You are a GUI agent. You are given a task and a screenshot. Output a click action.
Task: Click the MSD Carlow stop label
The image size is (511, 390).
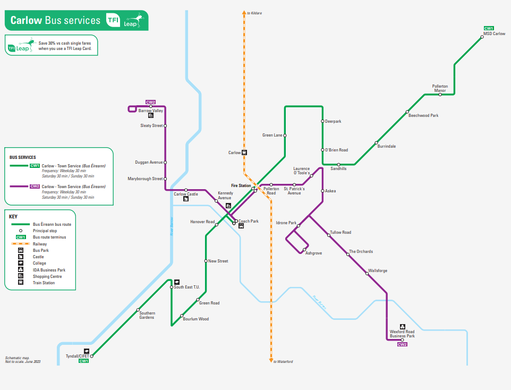[x=494, y=33]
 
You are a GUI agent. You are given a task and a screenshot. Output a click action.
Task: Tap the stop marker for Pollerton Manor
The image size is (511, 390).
[x=440, y=95]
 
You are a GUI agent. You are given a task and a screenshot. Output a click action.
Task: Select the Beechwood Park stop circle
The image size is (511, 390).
[x=407, y=112]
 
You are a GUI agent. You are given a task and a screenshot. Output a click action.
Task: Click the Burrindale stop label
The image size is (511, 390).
[x=386, y=146]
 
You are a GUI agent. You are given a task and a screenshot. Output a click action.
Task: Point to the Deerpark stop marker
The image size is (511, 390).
[x=322, y=121]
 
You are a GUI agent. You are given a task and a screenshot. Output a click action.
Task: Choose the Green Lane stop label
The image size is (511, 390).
[x=272, y=135]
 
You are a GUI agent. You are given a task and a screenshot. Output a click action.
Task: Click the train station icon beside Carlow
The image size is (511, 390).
[x=244, y=152]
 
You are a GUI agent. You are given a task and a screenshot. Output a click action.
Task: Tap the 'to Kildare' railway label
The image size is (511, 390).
[x=254, y=13]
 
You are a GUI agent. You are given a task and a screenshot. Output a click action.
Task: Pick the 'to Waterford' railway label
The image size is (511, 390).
[x=283, y=361]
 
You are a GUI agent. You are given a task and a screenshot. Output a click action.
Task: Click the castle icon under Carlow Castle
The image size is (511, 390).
[x=186, y=199]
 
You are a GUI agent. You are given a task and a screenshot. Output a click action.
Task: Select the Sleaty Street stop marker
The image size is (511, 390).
[x=165, y=126]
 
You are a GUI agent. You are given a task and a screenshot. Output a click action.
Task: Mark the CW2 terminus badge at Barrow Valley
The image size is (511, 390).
[x=151, y=102]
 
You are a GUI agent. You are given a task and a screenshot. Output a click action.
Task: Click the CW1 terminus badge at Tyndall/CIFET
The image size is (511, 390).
[x=83, y=361]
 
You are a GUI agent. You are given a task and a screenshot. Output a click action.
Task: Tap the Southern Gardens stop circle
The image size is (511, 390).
[x=138, y=310]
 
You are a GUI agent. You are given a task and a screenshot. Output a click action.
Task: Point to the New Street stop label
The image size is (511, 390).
[x=218, y=261]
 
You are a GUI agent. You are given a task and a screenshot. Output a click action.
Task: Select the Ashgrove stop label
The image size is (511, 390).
[x=313, y=253]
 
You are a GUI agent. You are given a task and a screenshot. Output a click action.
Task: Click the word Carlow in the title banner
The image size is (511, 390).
[x=26, y=21]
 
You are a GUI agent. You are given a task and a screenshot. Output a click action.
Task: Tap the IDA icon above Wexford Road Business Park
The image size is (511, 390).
[x=403, y=326]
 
